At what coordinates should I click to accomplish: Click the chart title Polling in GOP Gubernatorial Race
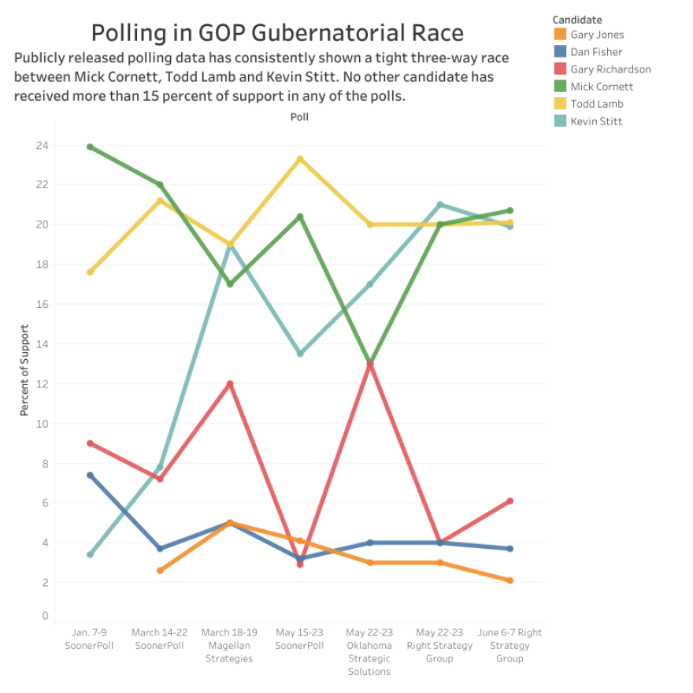pyautogui.click(x=277, y=32)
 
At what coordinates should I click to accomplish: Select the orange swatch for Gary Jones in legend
pyautogui.click(x=559, y=35)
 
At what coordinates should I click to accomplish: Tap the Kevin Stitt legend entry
pyautogui.click(x=596, y=121)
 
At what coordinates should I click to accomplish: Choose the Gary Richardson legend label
pyautogui.click(x=610, y=69)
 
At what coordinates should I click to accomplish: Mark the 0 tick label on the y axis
pyautogui.click(x=45, y=616)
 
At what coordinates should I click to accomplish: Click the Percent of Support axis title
pyautogui.click(x=24, y=370)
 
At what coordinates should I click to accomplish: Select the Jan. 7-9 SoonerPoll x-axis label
pyautogui.click(x=90, y=639)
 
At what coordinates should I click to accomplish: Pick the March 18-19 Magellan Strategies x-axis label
pyautogui.click(x=230, y=645)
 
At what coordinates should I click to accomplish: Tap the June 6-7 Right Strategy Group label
pyautogui.click(x=510, y=645)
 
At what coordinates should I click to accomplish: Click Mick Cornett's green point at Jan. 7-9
pyautogui.click(x=90, y=146)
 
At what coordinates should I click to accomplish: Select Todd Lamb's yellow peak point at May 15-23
pyautogui.click(x=300, y=159)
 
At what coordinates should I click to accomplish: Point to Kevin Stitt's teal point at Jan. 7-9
pyautogui.click(x=90, y=554)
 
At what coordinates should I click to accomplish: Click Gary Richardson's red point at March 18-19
pyautogui.click(x=230, y=384)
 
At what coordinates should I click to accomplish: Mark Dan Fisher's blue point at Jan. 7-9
pyautogui.click(x=90, y=475)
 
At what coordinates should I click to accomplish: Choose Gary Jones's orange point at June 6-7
pyautogui.click(x=510, y=580)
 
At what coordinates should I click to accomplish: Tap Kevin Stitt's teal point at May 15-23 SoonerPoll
pyautogui.click(x=300, y=354)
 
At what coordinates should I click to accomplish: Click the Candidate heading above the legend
pyautogui.click(x=577, y=19)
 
